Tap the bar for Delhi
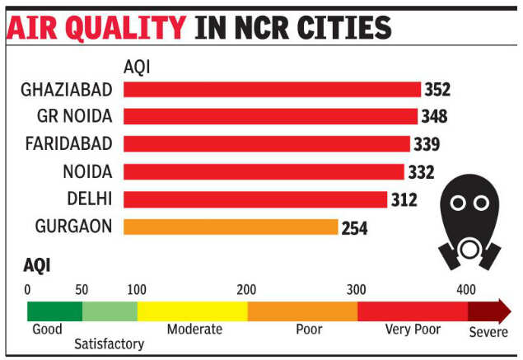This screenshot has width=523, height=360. tap(255, 199)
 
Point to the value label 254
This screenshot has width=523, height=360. tap(355, 227)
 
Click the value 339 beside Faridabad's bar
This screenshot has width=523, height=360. tap(427, 144)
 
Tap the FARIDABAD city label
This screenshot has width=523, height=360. tap(69, 144)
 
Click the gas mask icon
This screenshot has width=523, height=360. tap(470, 223)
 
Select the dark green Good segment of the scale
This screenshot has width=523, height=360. tap(54, 311)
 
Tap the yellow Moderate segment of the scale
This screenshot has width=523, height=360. tap(192, 311)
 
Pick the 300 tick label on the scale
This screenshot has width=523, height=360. tap(357, 289)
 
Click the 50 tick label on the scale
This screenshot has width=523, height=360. tap(82, 289)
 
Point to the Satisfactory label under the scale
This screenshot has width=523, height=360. tap(109, 344)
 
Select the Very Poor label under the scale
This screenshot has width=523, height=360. tap(413, 330)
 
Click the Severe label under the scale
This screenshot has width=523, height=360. tap(488, 333)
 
